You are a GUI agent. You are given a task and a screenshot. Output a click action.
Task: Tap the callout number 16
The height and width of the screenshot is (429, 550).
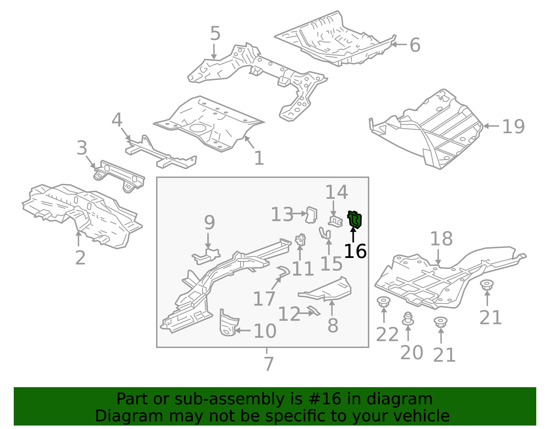click(355, 251)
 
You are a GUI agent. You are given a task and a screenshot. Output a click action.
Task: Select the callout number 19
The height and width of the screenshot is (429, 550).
click(513, 127)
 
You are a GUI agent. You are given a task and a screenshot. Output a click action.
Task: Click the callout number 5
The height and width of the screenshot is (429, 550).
click(215, 34)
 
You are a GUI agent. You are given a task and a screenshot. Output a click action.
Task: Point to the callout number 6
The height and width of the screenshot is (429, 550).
click(415, 45)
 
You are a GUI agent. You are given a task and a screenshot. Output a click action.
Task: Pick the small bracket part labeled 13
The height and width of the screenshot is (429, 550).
click(311, 215)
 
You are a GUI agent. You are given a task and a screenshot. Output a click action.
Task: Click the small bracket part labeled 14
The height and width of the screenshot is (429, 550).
click(335, 221)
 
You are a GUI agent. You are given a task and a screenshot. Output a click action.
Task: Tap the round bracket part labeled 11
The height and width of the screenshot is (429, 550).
click(300, 239)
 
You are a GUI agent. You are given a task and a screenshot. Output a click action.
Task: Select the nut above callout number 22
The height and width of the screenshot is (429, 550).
click(383, 302)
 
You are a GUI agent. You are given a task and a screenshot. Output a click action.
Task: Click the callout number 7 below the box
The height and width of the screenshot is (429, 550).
click(268, 364)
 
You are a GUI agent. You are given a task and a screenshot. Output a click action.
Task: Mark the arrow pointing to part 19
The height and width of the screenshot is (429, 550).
click(491, 126)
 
